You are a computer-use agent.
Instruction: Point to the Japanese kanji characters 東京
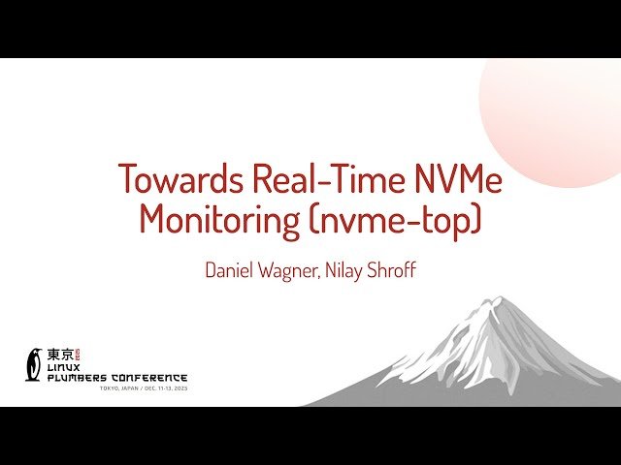click(x=61, y=355)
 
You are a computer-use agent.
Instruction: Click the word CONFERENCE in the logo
click(x=151, y=378)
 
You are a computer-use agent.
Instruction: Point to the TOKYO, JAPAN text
click(x=119, y=388)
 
